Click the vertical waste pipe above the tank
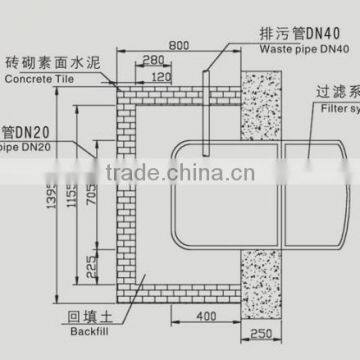[x=204, y=110]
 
